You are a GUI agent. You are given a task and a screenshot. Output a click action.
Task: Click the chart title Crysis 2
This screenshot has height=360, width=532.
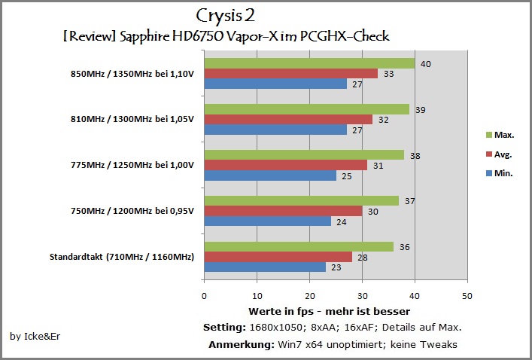point(225,17)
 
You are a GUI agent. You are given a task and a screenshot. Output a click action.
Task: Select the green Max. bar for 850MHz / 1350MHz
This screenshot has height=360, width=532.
point(309,63)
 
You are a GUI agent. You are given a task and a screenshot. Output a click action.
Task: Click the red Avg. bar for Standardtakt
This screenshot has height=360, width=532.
point(278,257)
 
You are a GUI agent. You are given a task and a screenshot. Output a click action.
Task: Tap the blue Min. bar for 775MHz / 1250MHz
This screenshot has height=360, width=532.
point(270,175)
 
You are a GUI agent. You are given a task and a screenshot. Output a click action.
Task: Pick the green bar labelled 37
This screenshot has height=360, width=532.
point(302,201)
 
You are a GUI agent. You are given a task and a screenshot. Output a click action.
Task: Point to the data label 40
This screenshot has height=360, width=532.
point(425,64)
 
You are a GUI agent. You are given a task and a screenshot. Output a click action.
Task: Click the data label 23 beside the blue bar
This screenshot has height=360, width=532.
point(336,267)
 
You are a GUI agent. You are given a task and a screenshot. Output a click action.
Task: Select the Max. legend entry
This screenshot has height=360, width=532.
point(500,135)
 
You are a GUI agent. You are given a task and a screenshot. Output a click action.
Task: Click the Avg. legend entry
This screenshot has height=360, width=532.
point(499,154)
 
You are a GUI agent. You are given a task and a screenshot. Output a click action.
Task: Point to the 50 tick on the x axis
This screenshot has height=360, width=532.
point(467,296)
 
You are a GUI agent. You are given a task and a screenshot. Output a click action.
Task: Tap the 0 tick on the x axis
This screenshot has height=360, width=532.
point(204,296)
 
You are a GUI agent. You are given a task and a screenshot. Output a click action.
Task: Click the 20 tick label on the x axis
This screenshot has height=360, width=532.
point(309,296)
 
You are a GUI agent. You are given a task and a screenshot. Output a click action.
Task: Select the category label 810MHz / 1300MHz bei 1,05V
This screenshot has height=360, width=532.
point(132,119)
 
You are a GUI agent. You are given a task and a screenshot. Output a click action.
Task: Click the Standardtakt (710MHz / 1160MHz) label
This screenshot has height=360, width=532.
point(122,257)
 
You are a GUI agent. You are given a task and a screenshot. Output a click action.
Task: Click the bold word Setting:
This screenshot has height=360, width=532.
point(224,328)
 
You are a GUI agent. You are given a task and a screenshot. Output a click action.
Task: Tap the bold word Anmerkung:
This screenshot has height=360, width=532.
point(242,345)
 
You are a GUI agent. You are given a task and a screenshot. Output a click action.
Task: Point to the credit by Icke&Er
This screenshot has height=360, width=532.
point(35,336)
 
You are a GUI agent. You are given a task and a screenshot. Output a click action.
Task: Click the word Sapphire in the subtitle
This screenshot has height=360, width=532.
point(144,37)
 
